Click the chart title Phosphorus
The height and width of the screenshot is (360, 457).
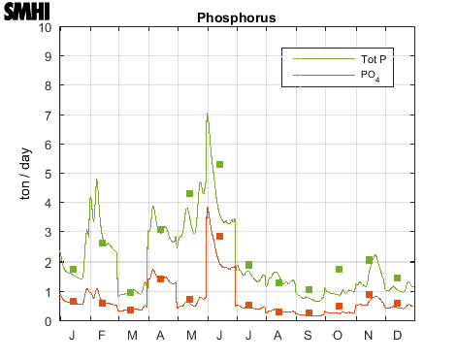pos(236,17)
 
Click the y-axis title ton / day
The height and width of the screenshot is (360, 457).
pos(27,175)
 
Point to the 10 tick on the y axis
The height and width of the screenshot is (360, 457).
pos(48,27)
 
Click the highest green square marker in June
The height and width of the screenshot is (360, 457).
pos(220,165)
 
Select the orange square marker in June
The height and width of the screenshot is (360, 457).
pos(220,237)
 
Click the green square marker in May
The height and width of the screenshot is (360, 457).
pos(190,194)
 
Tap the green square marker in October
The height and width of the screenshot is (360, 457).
pos(339,270)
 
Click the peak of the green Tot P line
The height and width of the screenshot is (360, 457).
pos(207,114)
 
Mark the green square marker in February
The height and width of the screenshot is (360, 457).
pos(102,243)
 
